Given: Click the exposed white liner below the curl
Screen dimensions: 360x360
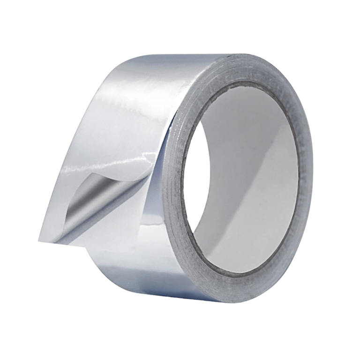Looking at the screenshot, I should point(70,234).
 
